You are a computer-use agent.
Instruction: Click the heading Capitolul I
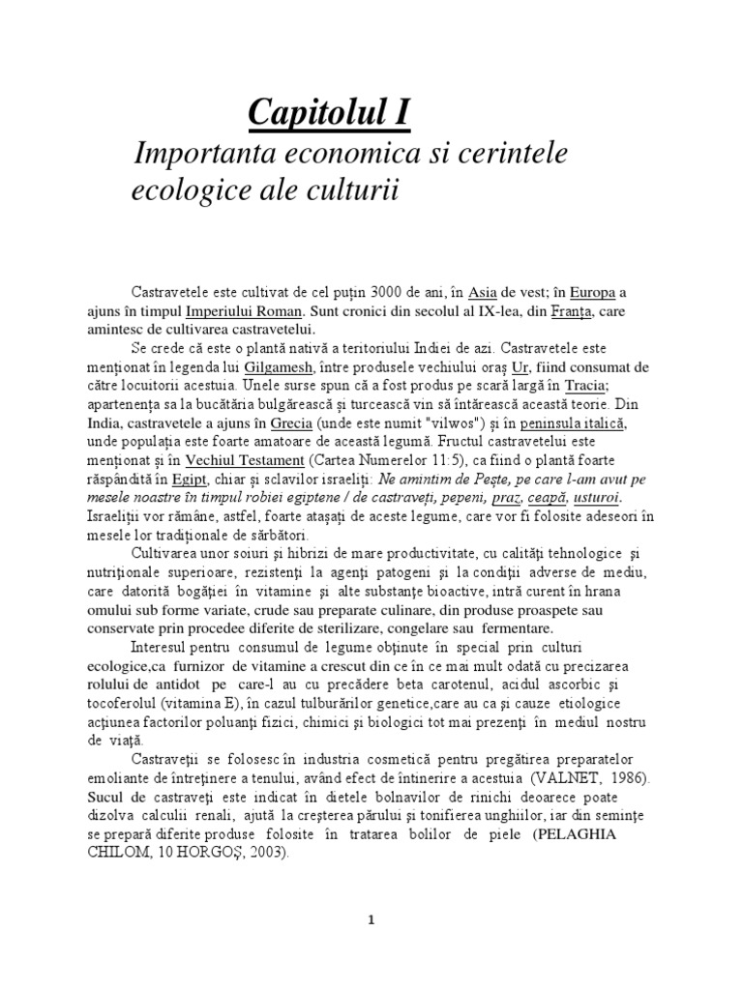(329, 113)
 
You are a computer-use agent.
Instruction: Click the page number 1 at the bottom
(371, 946)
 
